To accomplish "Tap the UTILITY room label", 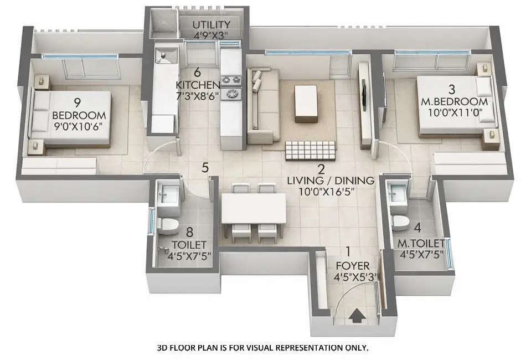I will (x=211, y=25).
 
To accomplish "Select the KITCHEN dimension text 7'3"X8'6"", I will (x=198, y=95).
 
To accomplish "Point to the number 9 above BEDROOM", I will (x=78, y=102).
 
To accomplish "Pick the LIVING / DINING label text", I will (x=331, y=181).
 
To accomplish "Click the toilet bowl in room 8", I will (x=167, y=224).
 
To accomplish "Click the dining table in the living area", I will (x=254, y=208).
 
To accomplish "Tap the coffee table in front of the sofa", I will (x=306, y=102).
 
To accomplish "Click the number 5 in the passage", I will (x=205, y=167).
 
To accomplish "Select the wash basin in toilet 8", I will (x=169, y=193).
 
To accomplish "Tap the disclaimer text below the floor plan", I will (x=263, y=348).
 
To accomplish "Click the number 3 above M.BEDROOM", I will (x=452, y=89).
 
